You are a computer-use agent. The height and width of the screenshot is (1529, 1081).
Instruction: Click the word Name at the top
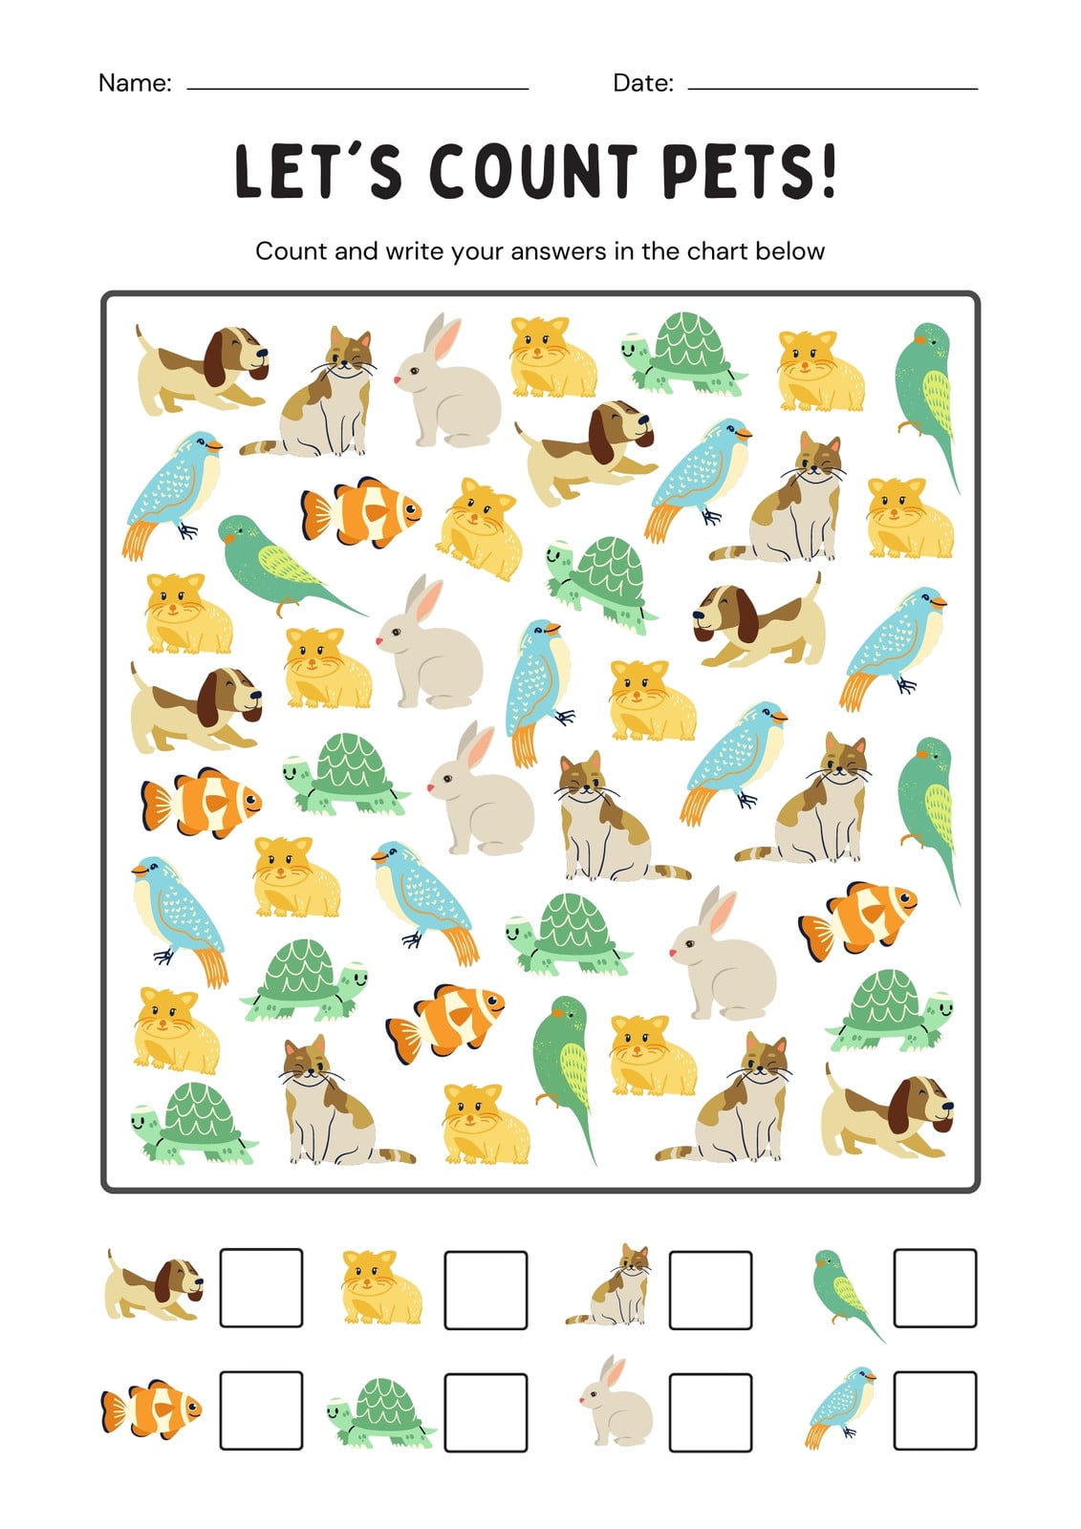point(134,82)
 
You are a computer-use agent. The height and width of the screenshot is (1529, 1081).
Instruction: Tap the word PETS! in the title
point(748,171)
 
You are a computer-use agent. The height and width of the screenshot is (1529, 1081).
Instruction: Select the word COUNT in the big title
point(532,171)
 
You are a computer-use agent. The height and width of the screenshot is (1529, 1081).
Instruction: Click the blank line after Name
point(357,89)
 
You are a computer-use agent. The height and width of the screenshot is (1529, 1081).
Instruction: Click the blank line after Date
point(832,89)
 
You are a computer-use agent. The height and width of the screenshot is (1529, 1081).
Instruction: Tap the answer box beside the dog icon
point(261,1287)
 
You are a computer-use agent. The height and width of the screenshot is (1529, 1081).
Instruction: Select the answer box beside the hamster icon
point(486,1289)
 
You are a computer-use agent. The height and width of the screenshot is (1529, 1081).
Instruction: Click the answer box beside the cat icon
point(710,1289)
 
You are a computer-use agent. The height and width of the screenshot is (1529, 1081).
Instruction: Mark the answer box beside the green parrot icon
point(935,1287)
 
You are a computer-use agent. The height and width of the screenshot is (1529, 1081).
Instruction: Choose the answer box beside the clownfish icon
point(261,1411)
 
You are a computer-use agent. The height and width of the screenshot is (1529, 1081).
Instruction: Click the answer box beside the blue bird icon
point(935,1411)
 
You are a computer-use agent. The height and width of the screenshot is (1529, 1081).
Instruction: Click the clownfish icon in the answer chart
point(152,1409)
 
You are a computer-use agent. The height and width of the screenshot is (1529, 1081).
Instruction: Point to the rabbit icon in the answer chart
point(616,1403)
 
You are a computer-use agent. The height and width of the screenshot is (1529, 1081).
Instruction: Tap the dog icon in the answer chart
point(154,1284)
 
